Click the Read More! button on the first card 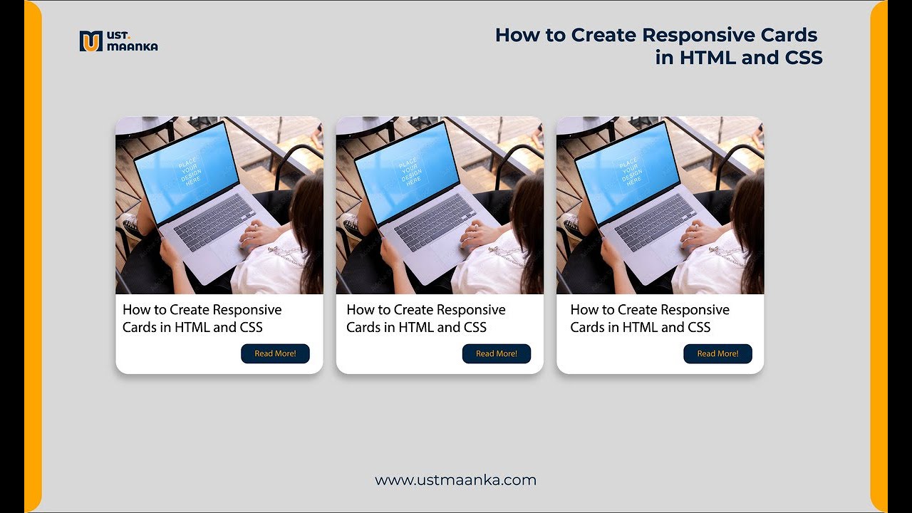click(x=275, y=353)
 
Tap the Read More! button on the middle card click(x=497, y=353)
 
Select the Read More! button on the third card click(x=717, y=353)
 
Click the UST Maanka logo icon click(x=90, y=41)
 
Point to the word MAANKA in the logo click(x=133, y=47)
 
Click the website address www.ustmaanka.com click(x=455, y=480)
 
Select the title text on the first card click(x=202, y=318)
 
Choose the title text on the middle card click(x=425, y=318)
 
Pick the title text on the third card click(x=649, y=318)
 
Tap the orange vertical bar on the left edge click(x=33, y=256)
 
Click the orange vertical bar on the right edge click(x=879, y=256)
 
